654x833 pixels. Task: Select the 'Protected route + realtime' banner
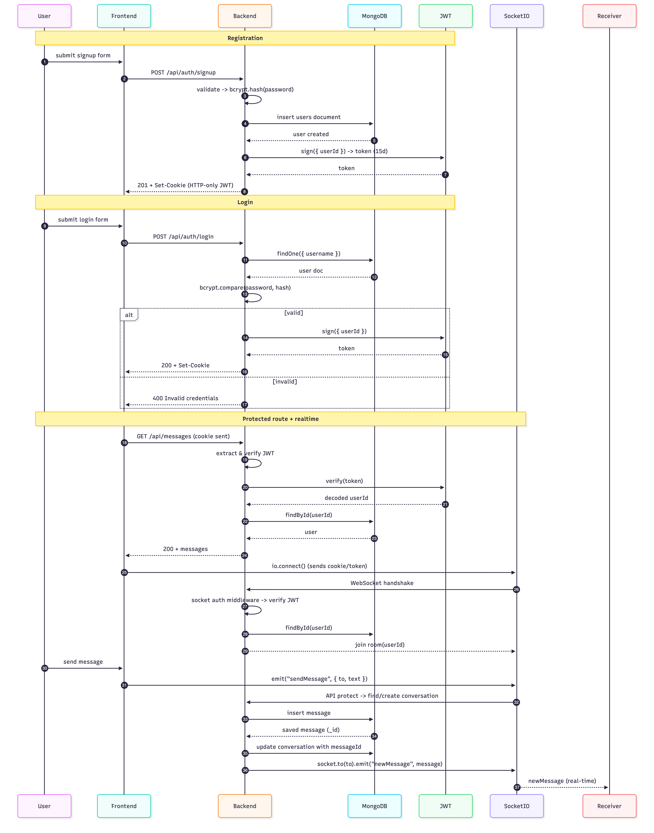(280, 419)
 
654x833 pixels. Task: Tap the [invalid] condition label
(284, 382)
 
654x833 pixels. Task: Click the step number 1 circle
(45, 62)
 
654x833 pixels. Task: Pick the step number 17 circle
(244, 405)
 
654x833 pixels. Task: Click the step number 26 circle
(516, 590)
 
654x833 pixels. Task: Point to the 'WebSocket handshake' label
(382, 583)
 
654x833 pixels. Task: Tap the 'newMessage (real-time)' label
(562, 781)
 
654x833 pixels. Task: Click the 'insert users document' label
(309, 117)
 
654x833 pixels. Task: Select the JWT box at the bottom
(445, 806)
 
